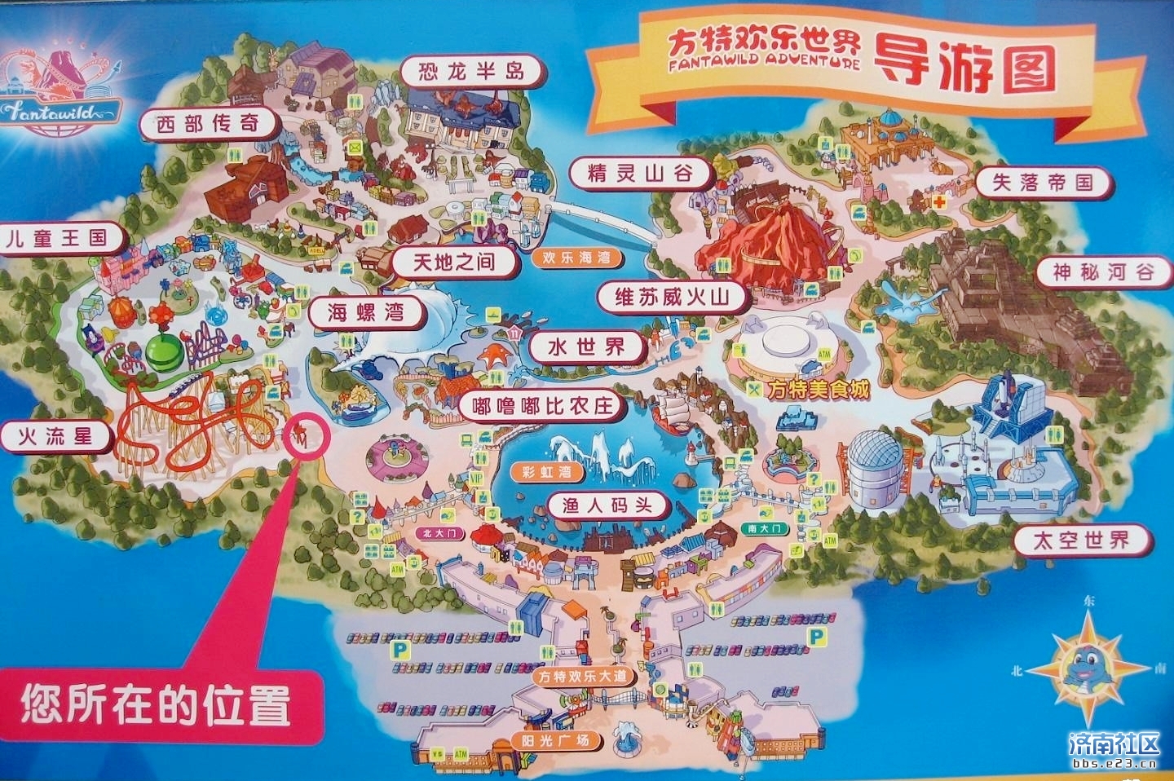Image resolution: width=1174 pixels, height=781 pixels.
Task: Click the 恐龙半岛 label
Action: click(x=471, y=71)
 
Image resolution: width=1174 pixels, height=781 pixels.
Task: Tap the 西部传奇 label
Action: click(x=208, y=124)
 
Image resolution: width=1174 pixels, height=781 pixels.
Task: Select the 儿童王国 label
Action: click(x=57, y=239)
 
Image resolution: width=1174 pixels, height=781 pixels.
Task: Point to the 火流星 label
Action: click(x=55, y=436)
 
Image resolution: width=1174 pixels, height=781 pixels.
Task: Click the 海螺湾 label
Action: click(x=366, y=312)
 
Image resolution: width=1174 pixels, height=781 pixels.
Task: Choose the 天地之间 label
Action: click(x=453, y=262)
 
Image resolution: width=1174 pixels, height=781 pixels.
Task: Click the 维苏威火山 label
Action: click(x=672, y=297)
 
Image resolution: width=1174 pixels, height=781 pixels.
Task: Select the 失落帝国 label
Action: click(x=1042, y=183)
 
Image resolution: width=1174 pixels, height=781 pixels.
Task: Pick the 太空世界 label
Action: click(x=1081, y=540)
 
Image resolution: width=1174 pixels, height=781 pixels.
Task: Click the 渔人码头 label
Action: click(x=607, y=505)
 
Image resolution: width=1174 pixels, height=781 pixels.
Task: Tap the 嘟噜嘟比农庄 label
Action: click(x=542, y=405)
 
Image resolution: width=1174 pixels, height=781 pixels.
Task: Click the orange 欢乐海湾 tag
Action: click(x=576, y=258)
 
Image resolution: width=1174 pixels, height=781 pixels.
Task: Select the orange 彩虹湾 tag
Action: click(x=547, y=472)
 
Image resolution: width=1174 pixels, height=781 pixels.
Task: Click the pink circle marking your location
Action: click(x=304, y=436)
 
